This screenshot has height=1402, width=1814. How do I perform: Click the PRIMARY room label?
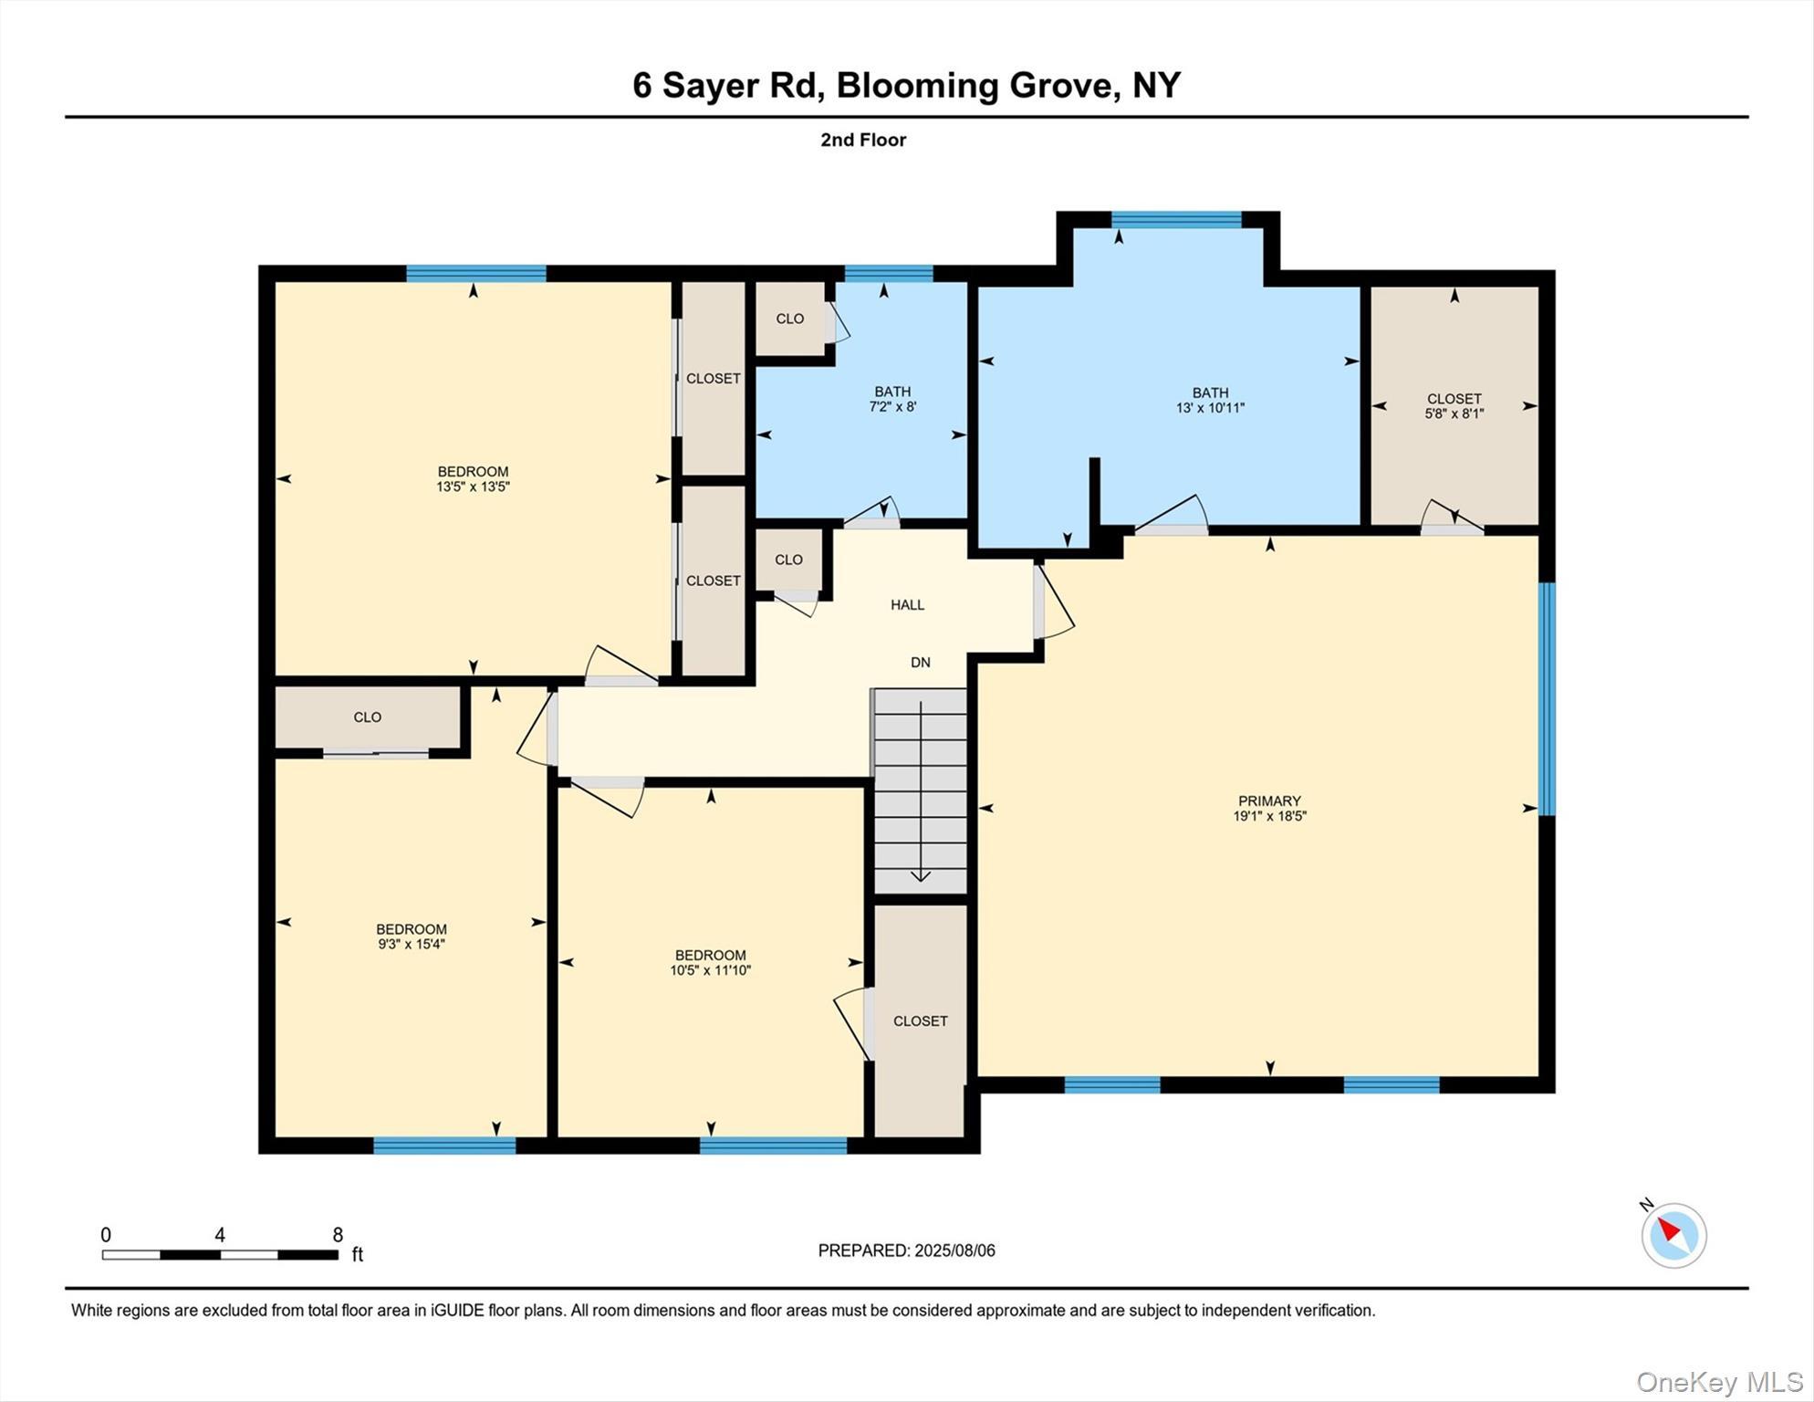coord(1269,801)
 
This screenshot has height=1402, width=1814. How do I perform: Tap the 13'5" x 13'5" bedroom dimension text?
coord(473,487)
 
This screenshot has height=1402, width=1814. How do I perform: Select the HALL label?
coord(907,605)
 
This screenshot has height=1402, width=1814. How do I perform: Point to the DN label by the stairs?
coord(920,663)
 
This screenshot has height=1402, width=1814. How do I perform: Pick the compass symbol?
coord(1673,1235)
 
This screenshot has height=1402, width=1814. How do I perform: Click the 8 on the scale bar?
coord(338,1235)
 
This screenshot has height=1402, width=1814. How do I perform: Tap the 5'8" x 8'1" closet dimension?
coord(1454,413)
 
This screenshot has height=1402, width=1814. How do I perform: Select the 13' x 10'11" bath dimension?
coord(1210,408)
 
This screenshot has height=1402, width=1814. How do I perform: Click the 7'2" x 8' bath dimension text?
coord(891,407)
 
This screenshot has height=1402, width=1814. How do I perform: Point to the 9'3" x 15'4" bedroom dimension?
coord(411,945)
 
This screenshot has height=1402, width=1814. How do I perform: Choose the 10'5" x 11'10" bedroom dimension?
coord(710,971)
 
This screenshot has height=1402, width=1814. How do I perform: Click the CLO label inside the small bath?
coord(789,319)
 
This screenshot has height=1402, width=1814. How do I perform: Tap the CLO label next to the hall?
coord(788,560)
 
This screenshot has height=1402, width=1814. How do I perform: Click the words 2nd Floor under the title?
coord(862,140)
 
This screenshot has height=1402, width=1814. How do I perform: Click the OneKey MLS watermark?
coord(1718,1382)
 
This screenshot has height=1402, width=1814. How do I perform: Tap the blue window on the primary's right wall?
coord(1546,698)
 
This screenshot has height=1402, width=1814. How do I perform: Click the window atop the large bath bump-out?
coord(1175,219)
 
